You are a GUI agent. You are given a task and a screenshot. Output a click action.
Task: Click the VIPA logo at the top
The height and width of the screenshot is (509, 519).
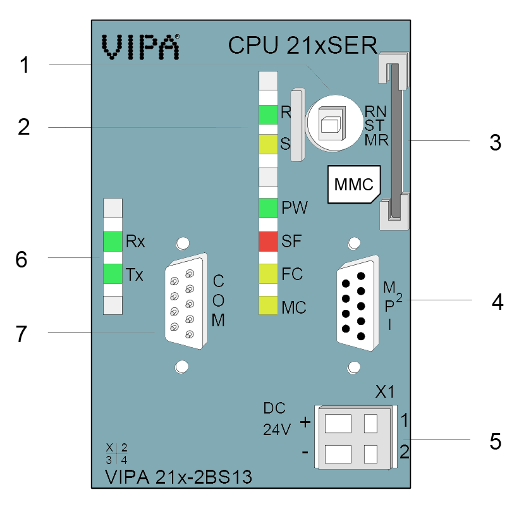[x=140, y=47]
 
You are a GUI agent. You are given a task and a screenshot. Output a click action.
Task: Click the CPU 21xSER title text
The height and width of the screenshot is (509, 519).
[x=303, y=46]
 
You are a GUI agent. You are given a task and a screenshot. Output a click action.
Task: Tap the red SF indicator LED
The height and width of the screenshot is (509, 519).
[x=268, y=242]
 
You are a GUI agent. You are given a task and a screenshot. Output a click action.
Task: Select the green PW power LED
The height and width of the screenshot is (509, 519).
[x=268, y=208]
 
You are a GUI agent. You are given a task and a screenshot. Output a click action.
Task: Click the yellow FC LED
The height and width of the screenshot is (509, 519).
[x=268, y=274]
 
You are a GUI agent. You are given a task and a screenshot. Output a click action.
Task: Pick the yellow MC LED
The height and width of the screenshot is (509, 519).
[x=268, y=305]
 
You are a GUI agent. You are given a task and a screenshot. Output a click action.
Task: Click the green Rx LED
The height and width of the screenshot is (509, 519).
[x=113, y=242]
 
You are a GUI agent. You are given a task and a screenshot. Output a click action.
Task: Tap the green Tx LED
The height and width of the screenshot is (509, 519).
[x=113, y=274]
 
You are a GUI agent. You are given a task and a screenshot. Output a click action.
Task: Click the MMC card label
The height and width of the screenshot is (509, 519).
[x=354, y=185]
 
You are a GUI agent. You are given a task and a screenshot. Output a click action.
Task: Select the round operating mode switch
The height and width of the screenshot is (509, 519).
[x=334, y=123]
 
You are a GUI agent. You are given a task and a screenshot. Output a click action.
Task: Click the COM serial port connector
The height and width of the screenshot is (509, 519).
[x=186, y=301]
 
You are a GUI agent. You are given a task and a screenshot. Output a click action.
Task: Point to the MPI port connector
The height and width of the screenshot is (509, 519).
[x=357, y=303]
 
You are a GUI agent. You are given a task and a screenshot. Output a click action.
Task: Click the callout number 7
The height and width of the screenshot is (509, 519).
[x=21, y=334]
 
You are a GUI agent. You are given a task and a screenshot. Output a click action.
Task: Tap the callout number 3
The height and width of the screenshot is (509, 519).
[x=495, y=143]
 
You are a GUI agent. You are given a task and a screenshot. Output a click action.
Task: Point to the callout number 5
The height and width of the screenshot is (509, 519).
[x=496, y=441]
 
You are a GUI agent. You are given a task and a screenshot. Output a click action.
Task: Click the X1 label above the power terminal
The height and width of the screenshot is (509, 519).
[x=385, y=392]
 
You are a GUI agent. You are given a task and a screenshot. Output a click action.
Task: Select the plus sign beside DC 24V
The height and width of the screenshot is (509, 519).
[x=305, y=422]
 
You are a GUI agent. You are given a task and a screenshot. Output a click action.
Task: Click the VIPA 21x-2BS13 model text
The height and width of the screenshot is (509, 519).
[x=178, y=477]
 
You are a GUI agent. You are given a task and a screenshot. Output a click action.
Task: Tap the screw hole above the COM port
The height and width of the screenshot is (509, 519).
[x=183, y=243]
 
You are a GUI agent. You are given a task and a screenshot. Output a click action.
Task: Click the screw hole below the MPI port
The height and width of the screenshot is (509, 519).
[x=354, y=367]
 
